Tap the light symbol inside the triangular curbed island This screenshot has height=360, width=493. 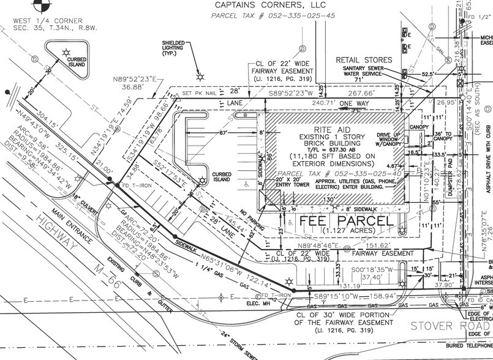(x=63, y=47)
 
